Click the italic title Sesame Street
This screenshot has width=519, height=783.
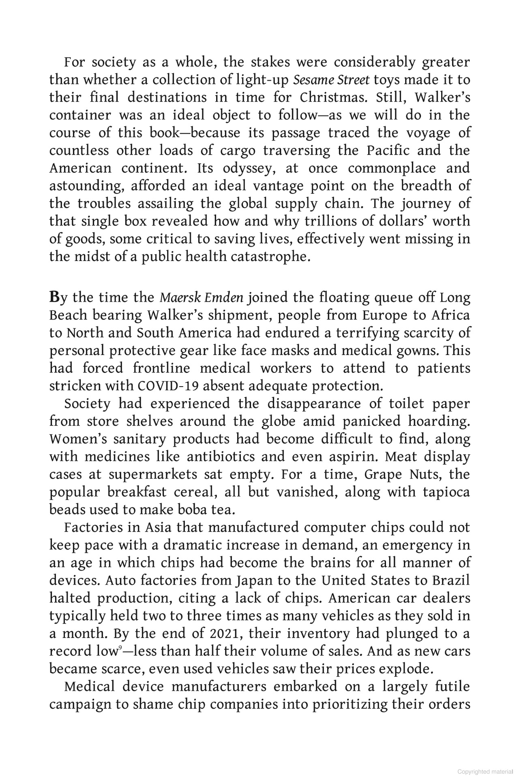pos(331,80)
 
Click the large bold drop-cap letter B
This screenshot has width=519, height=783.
pos(54,297)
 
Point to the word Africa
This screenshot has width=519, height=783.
pos(450,315)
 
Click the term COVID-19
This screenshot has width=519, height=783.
pos(168,386)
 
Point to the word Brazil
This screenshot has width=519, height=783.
pos(450,580)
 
